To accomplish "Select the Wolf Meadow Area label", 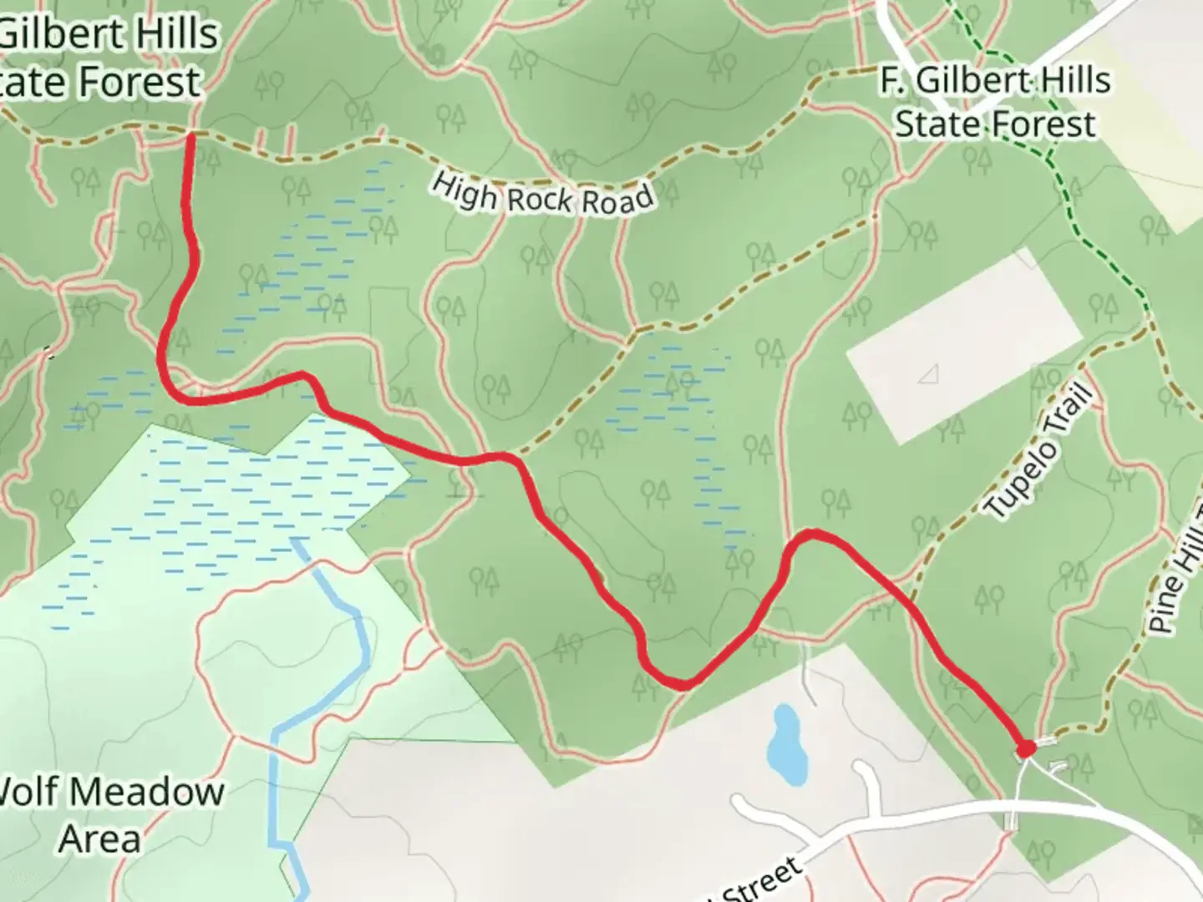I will tap(109, 814).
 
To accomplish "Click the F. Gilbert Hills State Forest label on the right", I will tap(995, 103).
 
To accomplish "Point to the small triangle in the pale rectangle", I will tap(928, 375).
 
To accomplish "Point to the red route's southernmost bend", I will tap(681, 685).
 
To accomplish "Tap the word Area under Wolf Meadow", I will tap(99, 839).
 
